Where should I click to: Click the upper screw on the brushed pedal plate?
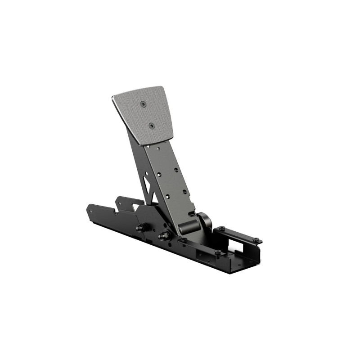coord(144,104)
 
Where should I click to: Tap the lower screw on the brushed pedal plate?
coord(152,126)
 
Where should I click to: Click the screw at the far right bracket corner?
coord(256,239)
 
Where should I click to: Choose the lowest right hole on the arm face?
coord(184,192)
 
